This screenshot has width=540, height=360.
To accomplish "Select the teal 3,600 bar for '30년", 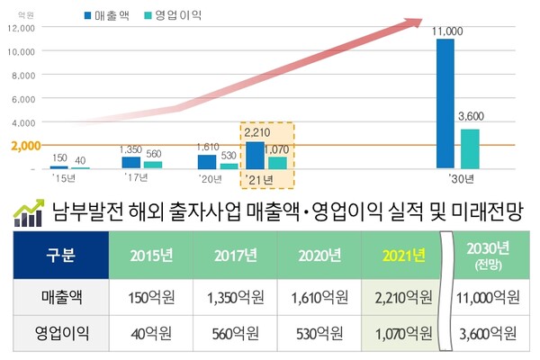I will click(470, 148).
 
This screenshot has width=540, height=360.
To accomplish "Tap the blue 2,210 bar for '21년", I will click(256, 156).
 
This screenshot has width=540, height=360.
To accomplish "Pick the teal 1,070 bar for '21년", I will click(278, 163).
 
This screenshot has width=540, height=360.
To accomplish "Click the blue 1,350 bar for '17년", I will click(131, 163).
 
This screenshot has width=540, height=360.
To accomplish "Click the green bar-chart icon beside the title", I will click(29, 214).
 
